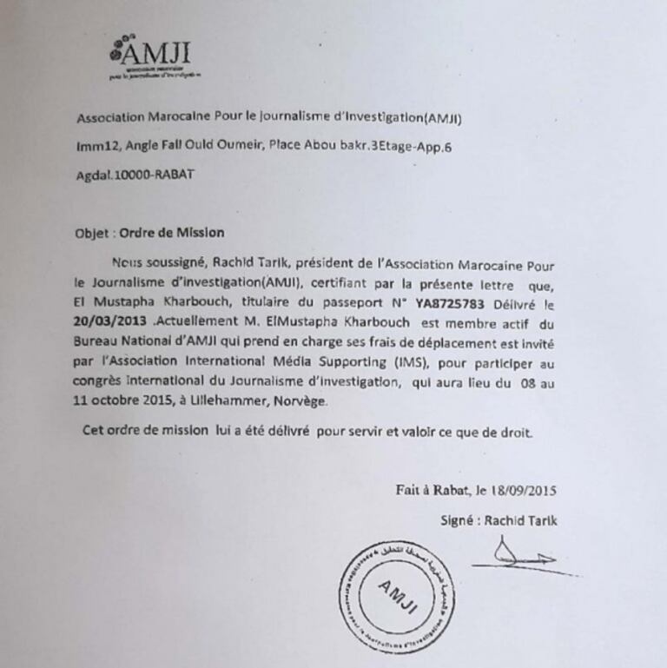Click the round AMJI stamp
[395, 596]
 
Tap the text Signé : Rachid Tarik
[499, 521]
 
